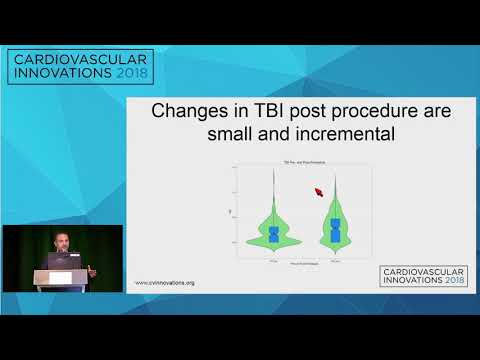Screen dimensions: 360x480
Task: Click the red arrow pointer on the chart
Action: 320,192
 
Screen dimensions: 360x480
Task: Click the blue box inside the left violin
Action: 273,234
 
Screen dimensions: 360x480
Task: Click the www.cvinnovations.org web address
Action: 165,283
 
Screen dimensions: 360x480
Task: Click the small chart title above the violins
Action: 304,163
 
